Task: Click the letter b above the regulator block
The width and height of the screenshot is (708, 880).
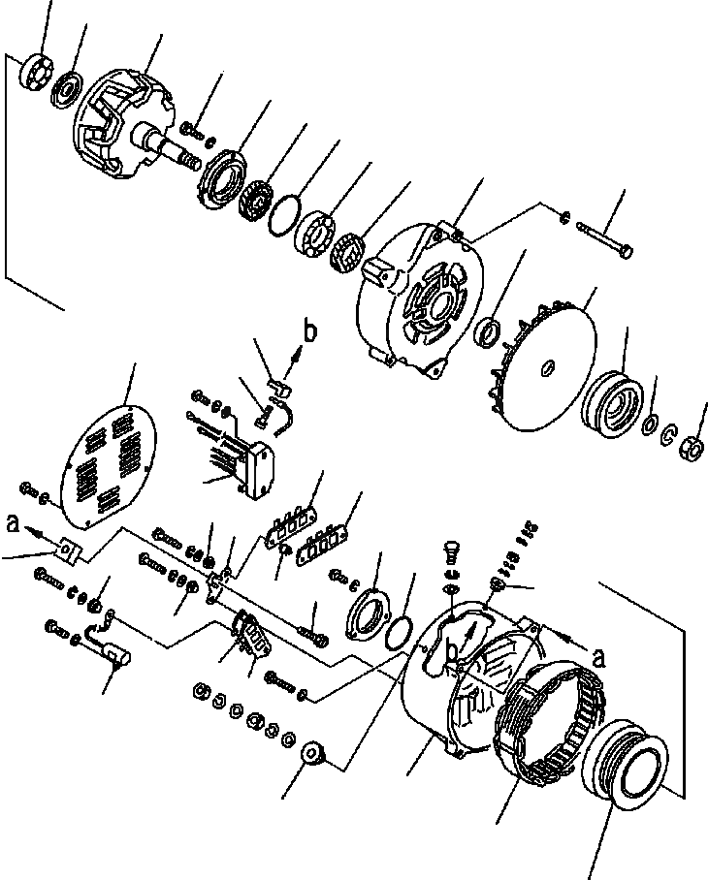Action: click(x=309, y=332)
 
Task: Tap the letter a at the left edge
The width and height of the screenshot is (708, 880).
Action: click(x=12, y=524)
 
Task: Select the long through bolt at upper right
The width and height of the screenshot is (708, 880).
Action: click(x=603, y=240)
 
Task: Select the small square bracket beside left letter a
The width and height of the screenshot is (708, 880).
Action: click(x=67, y=550)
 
